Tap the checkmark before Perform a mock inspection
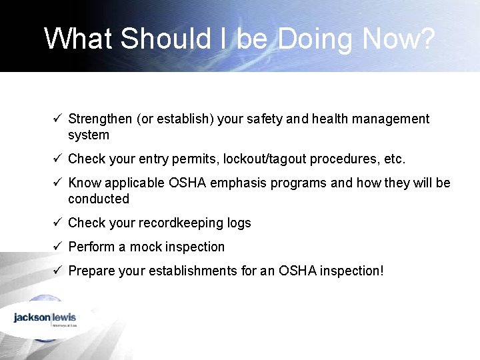point(58,247)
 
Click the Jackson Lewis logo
point(45,319)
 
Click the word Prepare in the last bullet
point(91,271)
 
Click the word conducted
point(99,199)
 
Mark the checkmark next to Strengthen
point(58,119)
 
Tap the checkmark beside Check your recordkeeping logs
point(58,223)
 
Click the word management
point(389,119)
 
